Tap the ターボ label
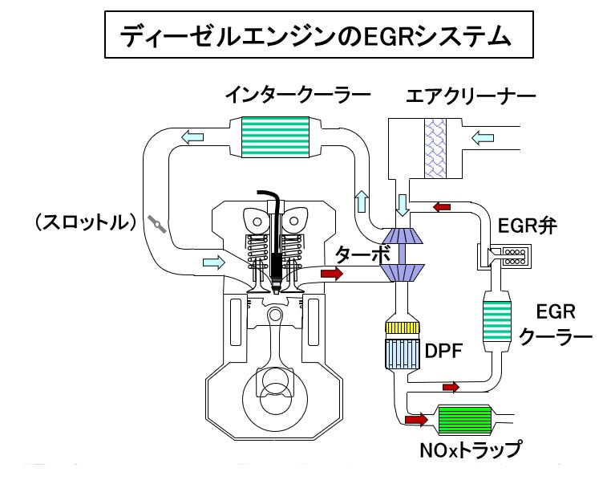pos(362,255)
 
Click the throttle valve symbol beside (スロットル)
pos(159,224)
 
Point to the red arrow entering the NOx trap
pos(416,419)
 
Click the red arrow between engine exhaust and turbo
pos(331,275)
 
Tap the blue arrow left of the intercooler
pos(192,137)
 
